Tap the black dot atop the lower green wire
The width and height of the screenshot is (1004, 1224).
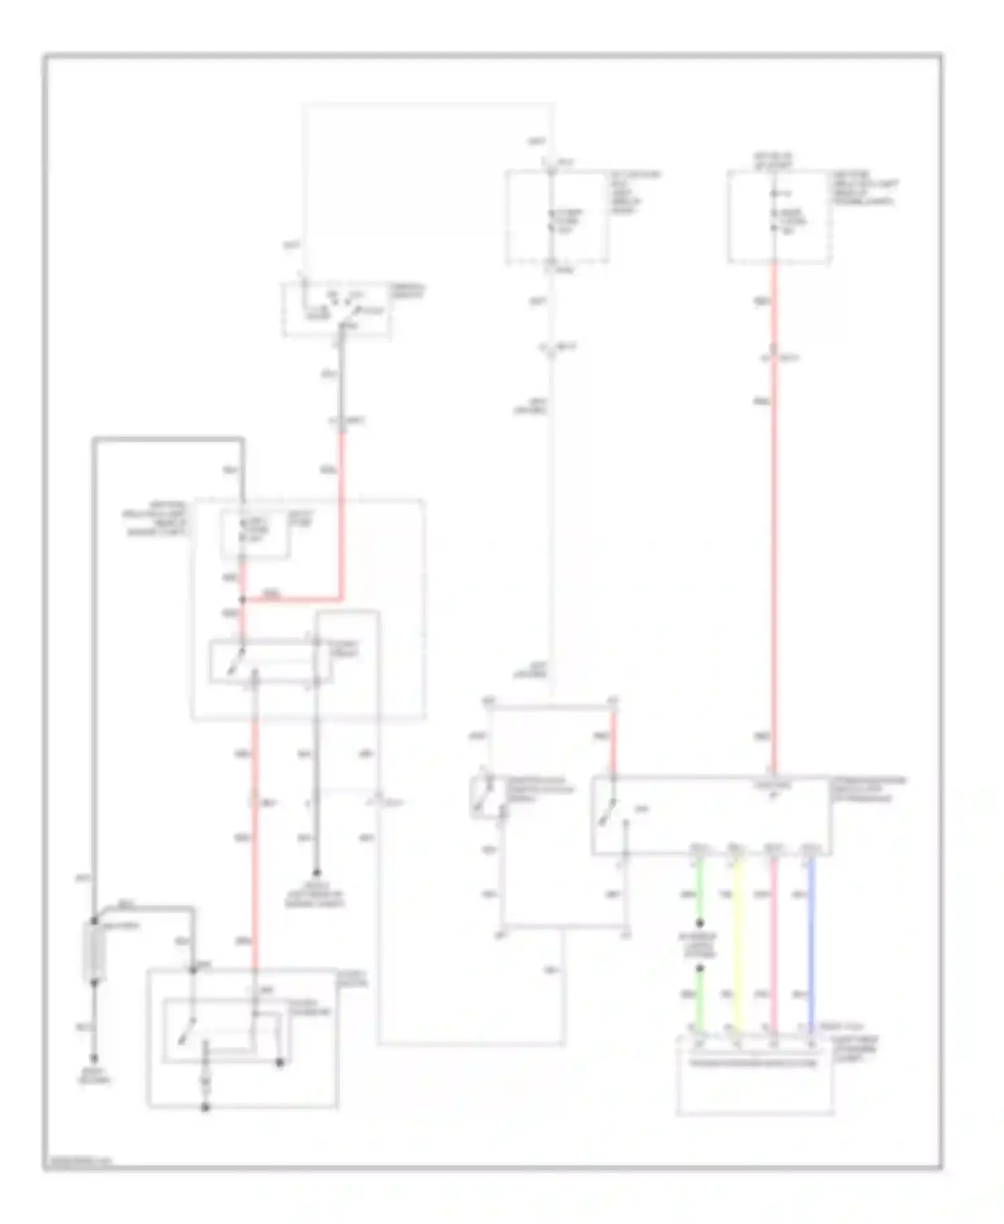[700, 969]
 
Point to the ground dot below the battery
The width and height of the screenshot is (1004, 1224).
[94, 1059]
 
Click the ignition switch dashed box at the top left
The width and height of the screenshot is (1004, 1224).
[337, 309]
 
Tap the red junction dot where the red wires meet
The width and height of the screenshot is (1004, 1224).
[242, 599]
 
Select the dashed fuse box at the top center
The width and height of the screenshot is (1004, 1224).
[557, 216]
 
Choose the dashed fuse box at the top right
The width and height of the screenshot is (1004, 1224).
[779, 216]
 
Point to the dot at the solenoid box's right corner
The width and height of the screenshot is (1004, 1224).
[280, 1062]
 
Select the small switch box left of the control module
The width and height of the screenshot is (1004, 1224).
[483, 796]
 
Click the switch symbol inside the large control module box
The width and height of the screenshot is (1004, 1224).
[610, 812]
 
